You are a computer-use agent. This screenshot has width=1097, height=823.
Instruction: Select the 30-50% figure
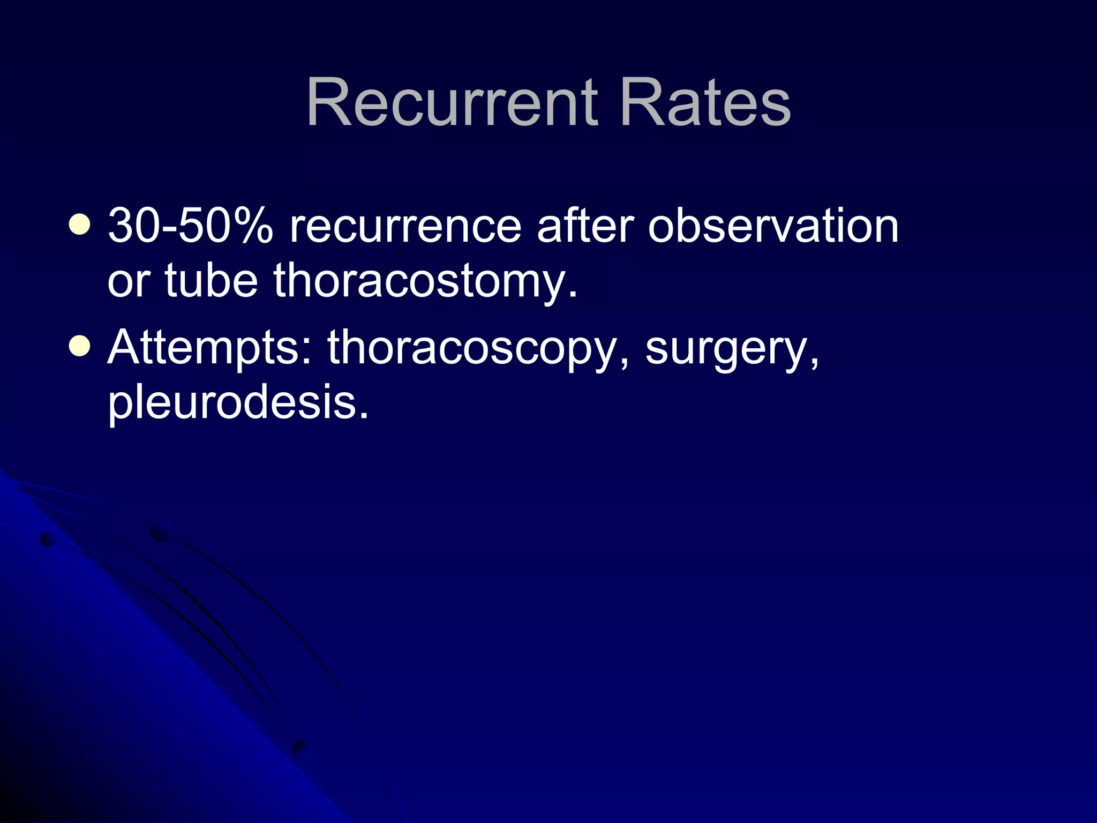(190, 226)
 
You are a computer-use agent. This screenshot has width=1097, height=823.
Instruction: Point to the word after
(585, 226)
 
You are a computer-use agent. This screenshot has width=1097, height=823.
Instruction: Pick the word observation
(773, 226)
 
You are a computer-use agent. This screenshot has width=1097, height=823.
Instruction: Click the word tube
(212, 280)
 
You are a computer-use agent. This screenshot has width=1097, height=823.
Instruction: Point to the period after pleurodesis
(364, 416)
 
